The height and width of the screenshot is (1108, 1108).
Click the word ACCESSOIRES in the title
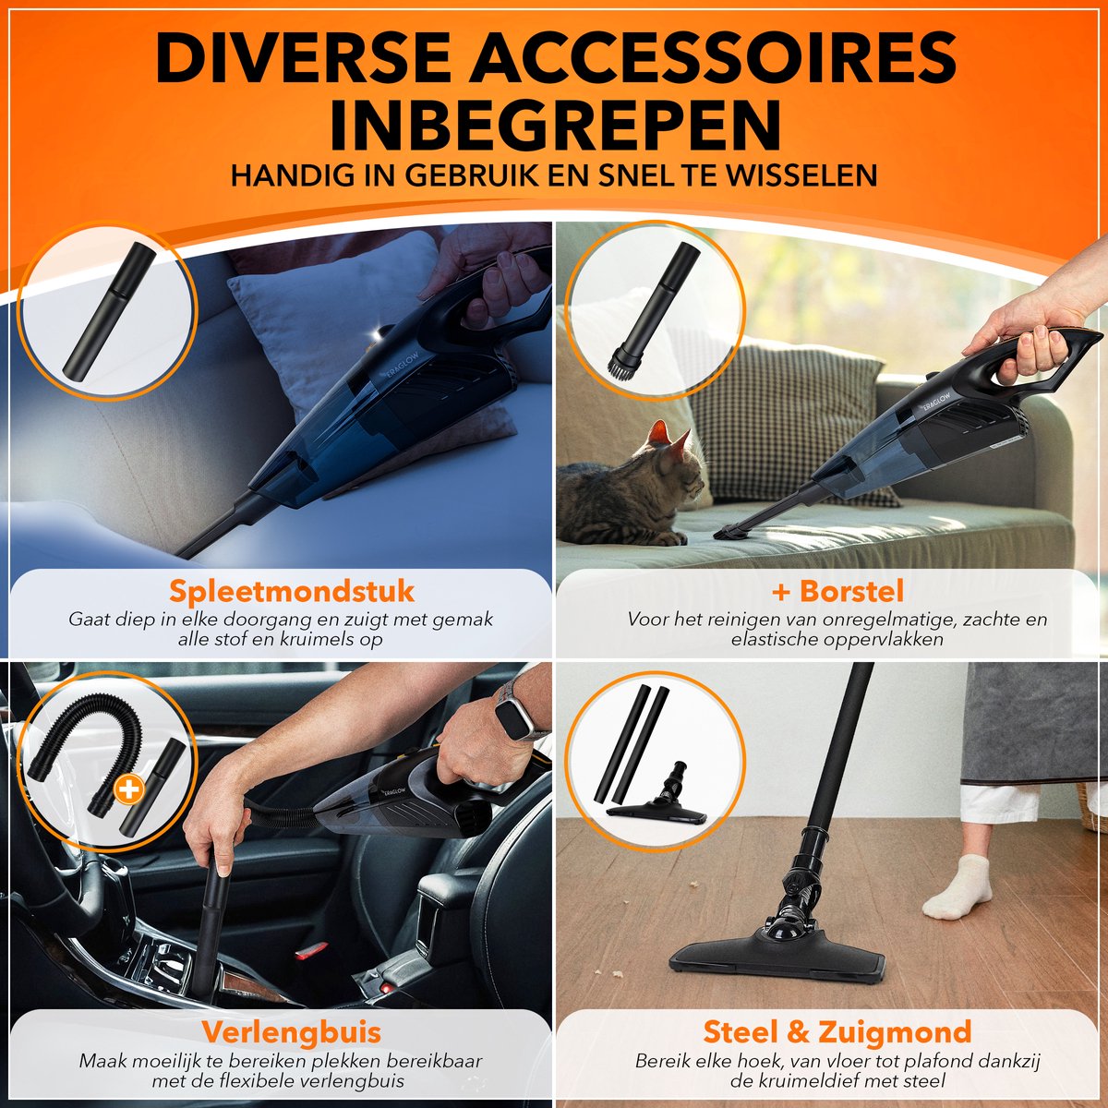pyautogui.click(x=713, y=59)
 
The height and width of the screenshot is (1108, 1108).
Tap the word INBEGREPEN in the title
pyautogui.click(x=555, y=125)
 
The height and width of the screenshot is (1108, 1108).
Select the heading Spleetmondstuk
pyautogui.click(x=292, y=591)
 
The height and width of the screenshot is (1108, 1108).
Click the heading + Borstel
pyautogui.click(x=837, y=591)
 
